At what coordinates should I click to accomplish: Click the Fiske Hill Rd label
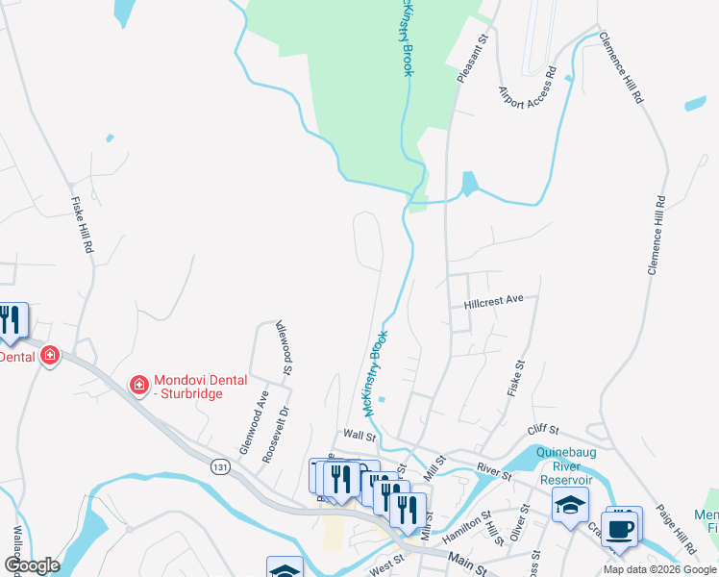click(x=84, y=225)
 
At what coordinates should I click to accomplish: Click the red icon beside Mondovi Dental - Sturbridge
click(x=138, y=386)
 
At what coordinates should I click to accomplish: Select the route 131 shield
click(x=221, y=465)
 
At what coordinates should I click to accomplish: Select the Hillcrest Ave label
click(x=493, y=300)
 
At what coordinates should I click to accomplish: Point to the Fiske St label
click(x=516, y=379)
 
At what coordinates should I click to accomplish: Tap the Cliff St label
click(x=542, y=432)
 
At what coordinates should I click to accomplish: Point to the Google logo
click(x=32, y=565)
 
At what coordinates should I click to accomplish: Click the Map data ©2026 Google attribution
click(x=659, y=569)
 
